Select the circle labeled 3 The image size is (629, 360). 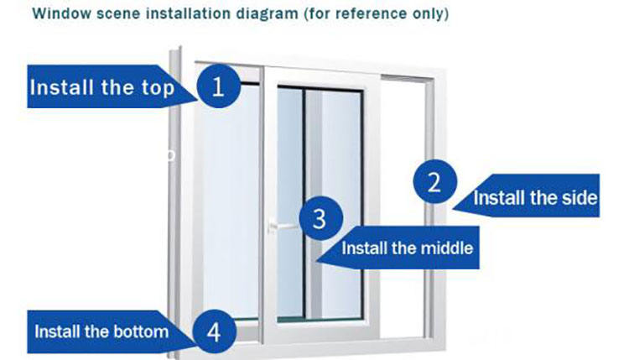pos(319,218)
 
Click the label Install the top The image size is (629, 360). pos(102,87)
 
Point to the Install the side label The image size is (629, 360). pos(535,199)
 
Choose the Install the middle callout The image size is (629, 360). pos(408,248)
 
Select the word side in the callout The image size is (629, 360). pos(579,199)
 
